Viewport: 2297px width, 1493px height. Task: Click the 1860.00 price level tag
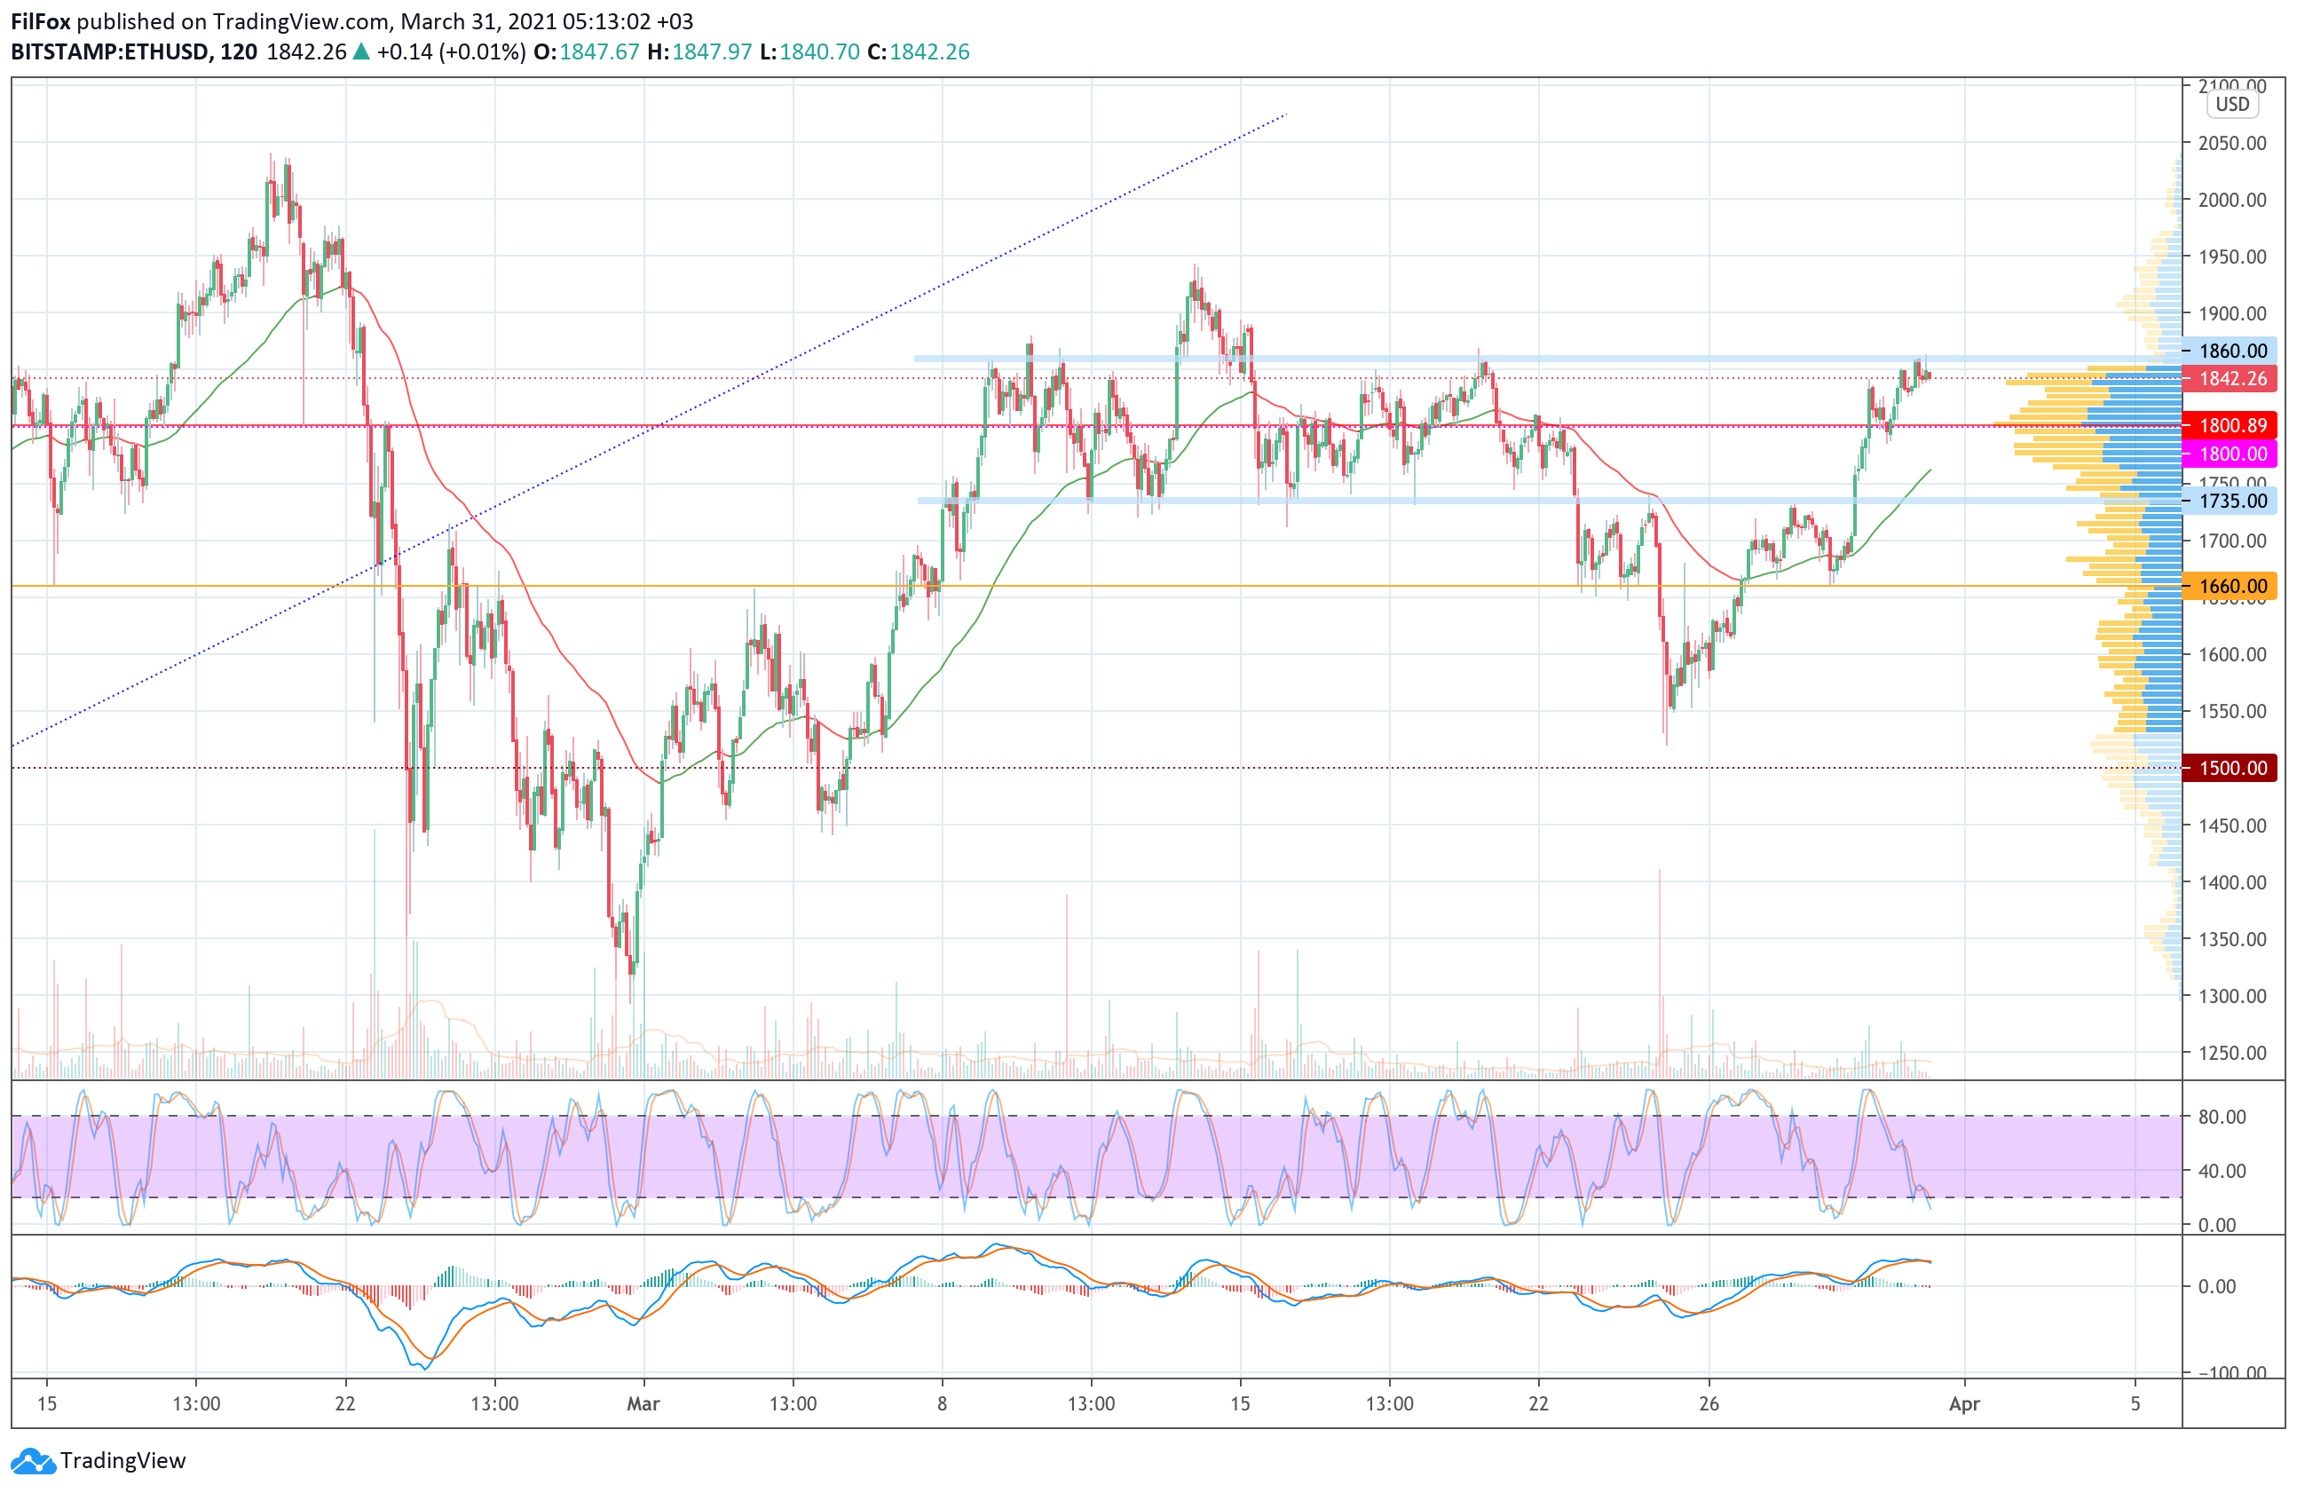pyautogui.click(x=2231, y=351)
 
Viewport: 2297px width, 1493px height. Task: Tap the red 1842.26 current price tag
pyautogui.click(x=2231, y=378)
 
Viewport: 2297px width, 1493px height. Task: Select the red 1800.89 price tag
pyautogui.click(x=2231, y=425)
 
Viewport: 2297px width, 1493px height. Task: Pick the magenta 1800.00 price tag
pyautogui.click(x=2231, y=454)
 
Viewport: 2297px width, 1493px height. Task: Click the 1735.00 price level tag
pyautogui.click(x=2231, y=501)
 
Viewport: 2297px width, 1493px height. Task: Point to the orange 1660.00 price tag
pyautogui.click(x=2231, y=586)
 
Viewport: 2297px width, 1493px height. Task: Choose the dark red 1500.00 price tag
pyautogui.click(x=2231, y=768)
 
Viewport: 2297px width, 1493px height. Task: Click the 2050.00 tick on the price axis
pyautogui.click(x=2231, y=143)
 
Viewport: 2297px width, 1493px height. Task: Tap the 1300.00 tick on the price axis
pyautogui.click(x=2231, y=996)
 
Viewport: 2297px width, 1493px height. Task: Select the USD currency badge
pyautogui.click(x=2231, y=104)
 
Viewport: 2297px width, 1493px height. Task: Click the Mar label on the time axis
pyautogui.click(x=643, y=1403)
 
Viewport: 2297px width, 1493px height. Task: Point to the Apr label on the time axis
pyautogui.click(x=1964, y=1403)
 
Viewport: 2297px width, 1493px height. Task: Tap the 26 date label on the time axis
pyautogui.click(x=1709, y=1403)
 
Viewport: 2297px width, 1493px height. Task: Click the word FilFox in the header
pyautogui.click(x=41, y=21)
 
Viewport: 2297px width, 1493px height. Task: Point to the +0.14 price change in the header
pyautogui.click(x=404, y=52)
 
